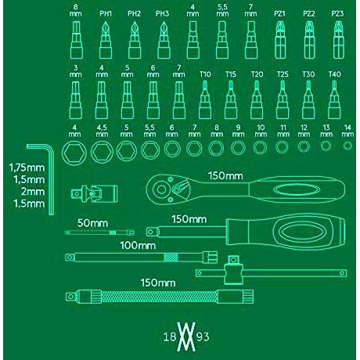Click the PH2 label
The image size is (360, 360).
coord(134,13)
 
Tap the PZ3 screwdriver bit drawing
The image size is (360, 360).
coord(339,40)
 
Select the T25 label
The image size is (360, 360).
coord(283,74)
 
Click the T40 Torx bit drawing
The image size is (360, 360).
coord(334,99)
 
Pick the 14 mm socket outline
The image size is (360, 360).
coord(347,146)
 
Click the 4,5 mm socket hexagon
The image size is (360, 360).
coord(102,152)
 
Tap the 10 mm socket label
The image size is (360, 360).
coord(261,131)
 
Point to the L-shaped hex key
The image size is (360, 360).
coord(51,180)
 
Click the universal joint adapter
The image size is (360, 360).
coord(95,193)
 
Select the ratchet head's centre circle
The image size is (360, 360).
coord(161,189)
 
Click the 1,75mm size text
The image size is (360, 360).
coord(27,167)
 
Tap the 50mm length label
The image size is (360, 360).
coord(92,223)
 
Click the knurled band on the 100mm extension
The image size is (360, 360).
coord(171,257)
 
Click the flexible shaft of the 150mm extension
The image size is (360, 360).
coord(159,297)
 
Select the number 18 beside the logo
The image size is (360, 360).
coord(170,337)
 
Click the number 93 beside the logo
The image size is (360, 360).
coord(203,337)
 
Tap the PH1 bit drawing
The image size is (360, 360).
coord(106,40)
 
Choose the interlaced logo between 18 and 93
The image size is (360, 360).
coord(186,337)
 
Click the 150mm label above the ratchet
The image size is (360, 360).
coord(225,176)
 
